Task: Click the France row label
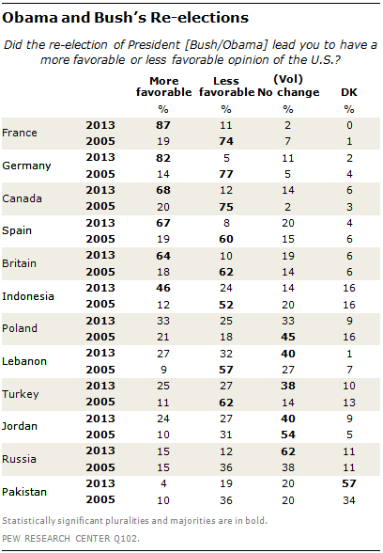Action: tap(20, 133)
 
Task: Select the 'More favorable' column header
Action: tap(164, 87)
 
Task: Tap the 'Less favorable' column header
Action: tap(226, 87)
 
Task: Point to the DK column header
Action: tap(349, 92)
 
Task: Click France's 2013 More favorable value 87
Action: tap(163, 125)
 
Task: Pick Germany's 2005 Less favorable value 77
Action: tap(226, 174)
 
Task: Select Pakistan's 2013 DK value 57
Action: tap(349, 483)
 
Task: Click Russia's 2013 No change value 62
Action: tap(288, 451)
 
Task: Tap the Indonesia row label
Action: tap(28, 296)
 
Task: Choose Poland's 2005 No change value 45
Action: tap(288, 337)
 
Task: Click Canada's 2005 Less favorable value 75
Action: tap(226, 207)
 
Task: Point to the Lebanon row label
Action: tap(24, 361)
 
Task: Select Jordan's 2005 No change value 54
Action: tap(288, 434)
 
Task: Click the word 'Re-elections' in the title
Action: tap(200, 18)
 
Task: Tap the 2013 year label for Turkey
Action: tap(100, 386)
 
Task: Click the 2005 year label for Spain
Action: tap(100, 239)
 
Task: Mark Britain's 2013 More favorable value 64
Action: tap(163, 256)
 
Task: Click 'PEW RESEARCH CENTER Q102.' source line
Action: tap(70, 539)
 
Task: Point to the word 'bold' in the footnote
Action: tap(256, 521)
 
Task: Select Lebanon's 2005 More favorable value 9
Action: tap(163, 370)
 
